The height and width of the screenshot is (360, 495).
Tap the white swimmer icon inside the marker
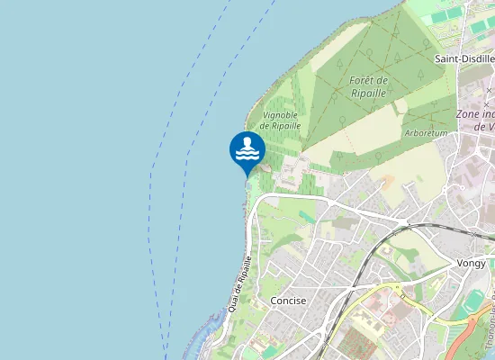pyautogui.click(x=247, y=149)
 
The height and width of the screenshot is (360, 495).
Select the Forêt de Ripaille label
pyautogui.click(x=368, y=86)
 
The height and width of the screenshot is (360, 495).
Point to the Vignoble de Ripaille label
pyautogui.click(x=279, y=121)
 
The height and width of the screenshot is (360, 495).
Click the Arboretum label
pyautogui.click(x=427, y=133)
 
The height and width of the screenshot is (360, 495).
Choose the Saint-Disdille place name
pyautogui.click(x=464, y=58)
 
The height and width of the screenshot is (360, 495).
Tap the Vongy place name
pyautogui.click(x=472, y=264)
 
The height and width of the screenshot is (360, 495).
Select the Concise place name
pyautogui.click(x=288, y=301)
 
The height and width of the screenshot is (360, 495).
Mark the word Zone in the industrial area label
pyautogui.click(x=468, y=114)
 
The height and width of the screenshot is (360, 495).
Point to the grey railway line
pyautogui.click(x=360, y=270)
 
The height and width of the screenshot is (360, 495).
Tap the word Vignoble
pyautogui.click(x=280, y=115)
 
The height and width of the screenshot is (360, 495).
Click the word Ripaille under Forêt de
pyautogui.click(x=369, y=93)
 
